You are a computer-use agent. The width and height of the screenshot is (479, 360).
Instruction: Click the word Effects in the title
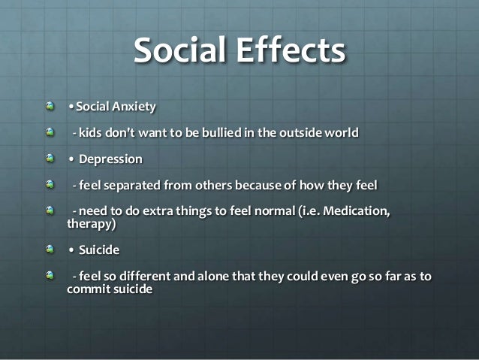(294, 51)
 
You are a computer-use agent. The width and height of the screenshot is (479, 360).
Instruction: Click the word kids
(91, 133)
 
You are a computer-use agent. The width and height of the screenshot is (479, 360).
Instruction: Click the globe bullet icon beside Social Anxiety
(50, 106)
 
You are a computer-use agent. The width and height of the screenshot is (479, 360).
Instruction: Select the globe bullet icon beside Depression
(50, 159)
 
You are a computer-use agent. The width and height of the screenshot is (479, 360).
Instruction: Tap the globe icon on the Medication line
(50, 211)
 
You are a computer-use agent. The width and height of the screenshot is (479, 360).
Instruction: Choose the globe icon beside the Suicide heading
(50, 248)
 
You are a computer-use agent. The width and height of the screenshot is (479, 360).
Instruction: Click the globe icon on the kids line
(50, 132)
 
